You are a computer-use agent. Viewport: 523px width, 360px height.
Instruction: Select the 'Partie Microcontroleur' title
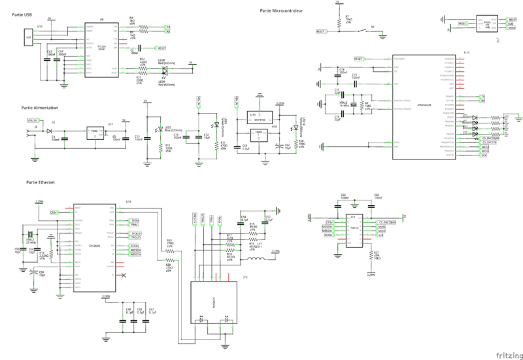click(280, 10)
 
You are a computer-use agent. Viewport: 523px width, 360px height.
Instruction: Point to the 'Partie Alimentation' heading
click(40, 107)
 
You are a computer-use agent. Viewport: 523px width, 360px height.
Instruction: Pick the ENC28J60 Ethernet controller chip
click(91, 248)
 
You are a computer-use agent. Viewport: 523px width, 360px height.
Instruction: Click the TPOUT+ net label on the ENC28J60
click(135, 233)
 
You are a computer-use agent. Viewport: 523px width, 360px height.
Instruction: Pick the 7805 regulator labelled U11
click(95, 131)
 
